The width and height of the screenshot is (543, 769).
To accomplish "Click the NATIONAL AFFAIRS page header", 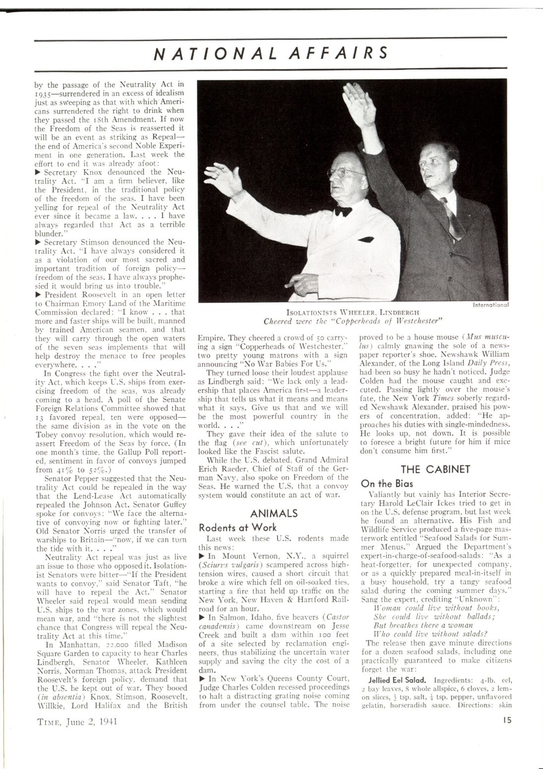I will [271, 53].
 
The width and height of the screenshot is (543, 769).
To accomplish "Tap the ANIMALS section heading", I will [274, 513].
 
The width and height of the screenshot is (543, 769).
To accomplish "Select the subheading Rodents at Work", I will [238, 527].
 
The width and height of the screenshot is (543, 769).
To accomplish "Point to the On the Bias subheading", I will [387, 484].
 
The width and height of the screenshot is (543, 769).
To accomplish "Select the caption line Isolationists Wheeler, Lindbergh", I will [353, 313].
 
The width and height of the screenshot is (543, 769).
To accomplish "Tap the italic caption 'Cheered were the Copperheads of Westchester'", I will [353, 321].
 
